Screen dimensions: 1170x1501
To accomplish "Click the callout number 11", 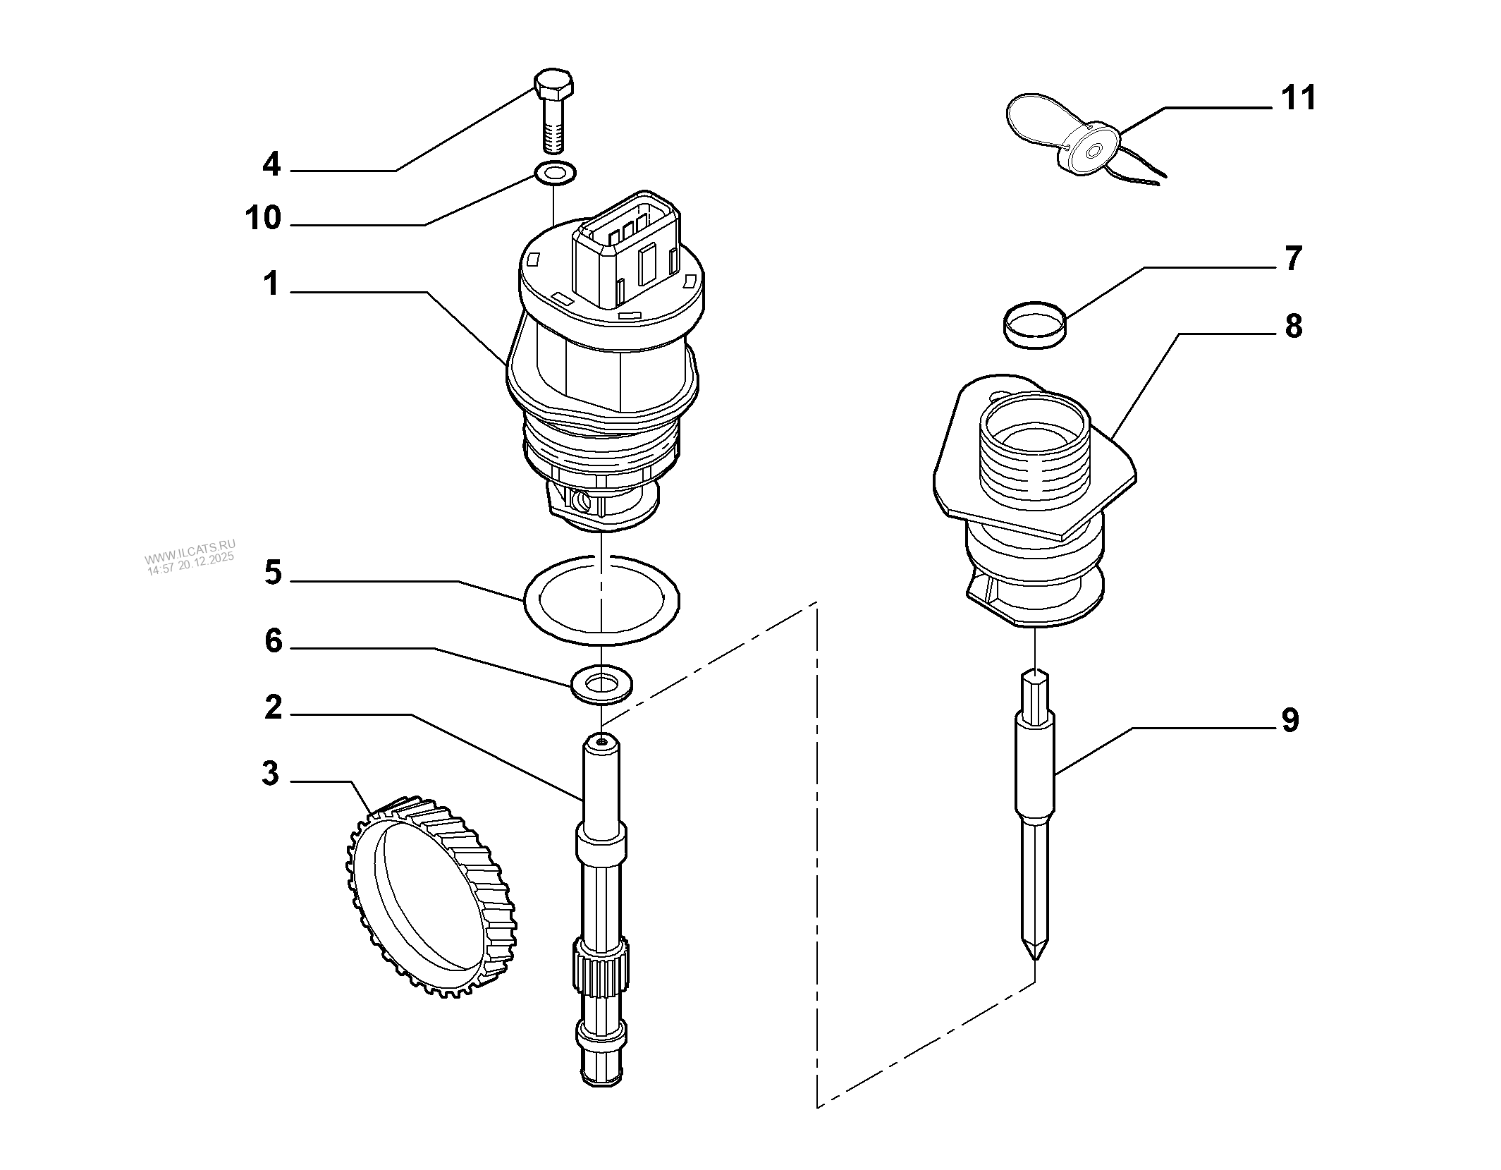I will click(1298, 99).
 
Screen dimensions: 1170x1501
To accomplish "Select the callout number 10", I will click(263, 219).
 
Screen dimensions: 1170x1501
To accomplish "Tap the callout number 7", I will click(1293, 259).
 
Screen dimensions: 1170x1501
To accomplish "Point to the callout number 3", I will click(270, 774).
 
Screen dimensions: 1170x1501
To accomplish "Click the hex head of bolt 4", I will click(554, 84).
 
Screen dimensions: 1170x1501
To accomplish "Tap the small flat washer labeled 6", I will click(601, 683).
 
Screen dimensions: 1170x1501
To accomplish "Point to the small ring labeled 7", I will click(1034, 324).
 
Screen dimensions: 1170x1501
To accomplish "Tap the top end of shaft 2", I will click(601, 743).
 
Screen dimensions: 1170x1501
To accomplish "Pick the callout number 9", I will click(1290, 721).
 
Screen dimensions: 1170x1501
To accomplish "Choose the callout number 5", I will click(273, 573).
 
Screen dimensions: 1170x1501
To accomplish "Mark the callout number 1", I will click(271, 285).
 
